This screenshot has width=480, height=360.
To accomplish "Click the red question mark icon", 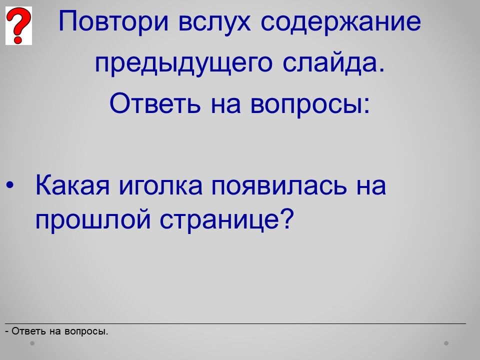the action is tap(18, 25).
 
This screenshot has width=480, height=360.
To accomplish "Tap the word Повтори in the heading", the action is tap(113, 21).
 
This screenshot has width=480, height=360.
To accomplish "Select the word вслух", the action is tap(214, 21).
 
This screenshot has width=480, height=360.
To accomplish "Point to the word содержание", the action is tap(340, 22).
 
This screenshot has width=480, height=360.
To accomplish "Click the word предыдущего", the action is tap(183, 63).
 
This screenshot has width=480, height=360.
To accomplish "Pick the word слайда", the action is tap(333, 63).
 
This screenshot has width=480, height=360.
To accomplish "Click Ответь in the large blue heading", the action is tap(155, 103).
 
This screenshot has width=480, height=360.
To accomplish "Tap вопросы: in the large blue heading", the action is tap(310, 104).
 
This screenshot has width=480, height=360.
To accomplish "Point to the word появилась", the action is tap(279, 186).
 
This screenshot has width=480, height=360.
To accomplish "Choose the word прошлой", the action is tap(93, 219).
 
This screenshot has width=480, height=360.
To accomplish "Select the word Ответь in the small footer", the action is tap(29, 331).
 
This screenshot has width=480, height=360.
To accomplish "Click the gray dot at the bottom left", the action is tap(32, 343).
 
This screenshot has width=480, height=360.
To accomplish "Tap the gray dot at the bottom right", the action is tap(446, 343).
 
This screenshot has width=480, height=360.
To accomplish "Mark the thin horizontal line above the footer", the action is tap(235, 323).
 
